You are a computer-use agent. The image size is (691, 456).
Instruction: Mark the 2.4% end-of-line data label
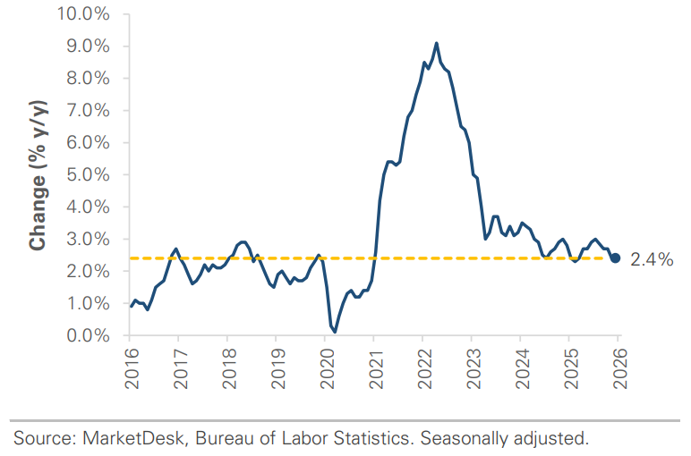coord(652,259)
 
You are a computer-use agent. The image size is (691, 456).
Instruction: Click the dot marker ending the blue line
coord(616,258)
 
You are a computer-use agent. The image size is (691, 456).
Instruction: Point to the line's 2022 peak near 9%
coord(436,43)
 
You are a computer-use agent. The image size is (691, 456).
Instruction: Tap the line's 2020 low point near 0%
coord(335,331)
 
